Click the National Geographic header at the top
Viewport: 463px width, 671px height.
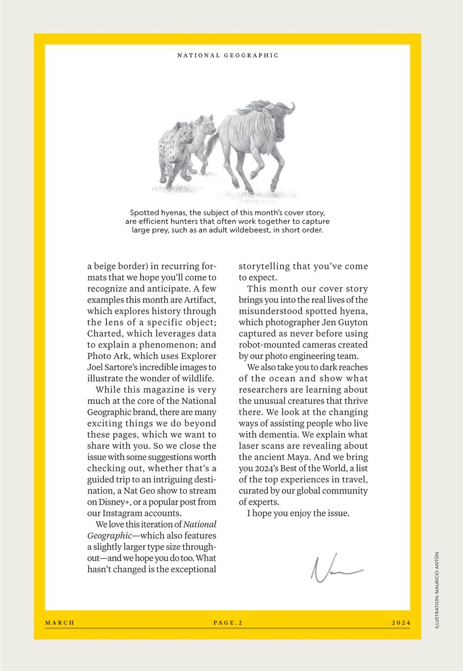click(228, 56)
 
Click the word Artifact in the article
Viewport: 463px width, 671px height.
click(200, 300)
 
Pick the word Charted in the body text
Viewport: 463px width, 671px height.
click(105, 334)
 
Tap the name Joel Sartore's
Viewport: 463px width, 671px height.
click(109, 367)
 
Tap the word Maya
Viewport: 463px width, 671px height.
click(297, 457)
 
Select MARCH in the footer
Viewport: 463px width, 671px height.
click(60, 622)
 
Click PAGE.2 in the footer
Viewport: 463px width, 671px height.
click(228, 622)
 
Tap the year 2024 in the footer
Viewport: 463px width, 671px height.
click(400, 622)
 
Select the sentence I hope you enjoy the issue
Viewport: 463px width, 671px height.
click(298, 513)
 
